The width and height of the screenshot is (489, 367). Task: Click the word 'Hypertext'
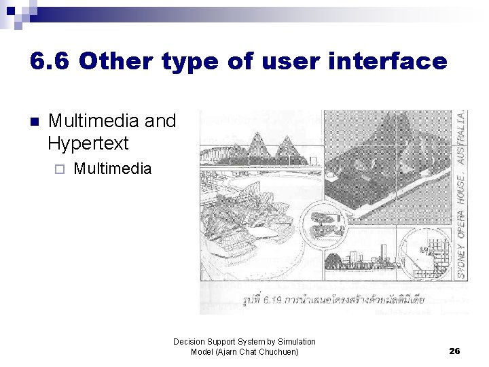pyautogui.click(x=88, y=143)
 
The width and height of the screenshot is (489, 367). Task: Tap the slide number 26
pyautogui.click(x=454, y=351)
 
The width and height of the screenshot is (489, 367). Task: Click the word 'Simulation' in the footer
pyautogui.click(x=297, y=342)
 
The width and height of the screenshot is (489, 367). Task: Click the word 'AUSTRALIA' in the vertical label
pyautogui.click(x=461, y=139)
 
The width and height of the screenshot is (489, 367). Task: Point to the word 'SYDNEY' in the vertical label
pyautogui.click(x=461, y=258)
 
